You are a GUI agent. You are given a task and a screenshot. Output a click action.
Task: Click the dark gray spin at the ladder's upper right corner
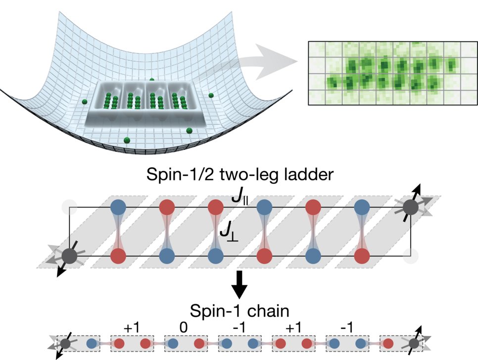click(411, 208)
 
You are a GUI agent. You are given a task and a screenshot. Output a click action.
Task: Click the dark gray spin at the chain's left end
click(64, 343)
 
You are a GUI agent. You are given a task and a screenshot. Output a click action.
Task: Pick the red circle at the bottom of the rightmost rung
click(362, 256)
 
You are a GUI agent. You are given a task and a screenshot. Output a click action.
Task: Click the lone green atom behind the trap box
click(152, 80)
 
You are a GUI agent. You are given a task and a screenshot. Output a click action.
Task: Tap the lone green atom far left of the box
click(85, 102)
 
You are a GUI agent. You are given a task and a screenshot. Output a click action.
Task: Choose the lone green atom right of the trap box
click(211, 95)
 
